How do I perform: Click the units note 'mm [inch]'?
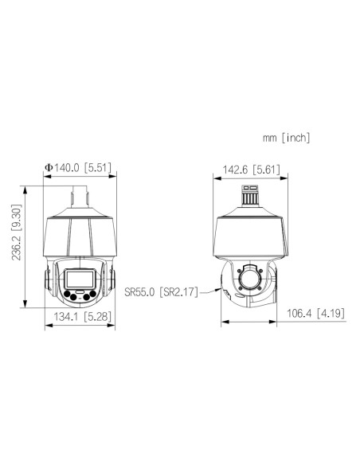tap(287, 138)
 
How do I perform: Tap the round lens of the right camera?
tap(249, 279)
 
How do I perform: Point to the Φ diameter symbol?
tap(49, 167)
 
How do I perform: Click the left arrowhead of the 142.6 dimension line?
tap(217, 178)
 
